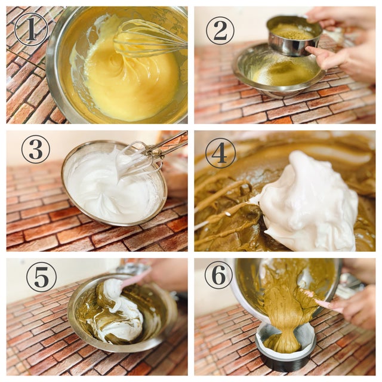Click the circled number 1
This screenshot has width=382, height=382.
pyautogui.click(x=31, y=30)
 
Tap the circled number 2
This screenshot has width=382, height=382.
pyautogui.click(x=220, y=30)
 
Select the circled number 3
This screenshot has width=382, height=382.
pyautogui.click(x=36, y=149)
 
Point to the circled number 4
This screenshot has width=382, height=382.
pyautogui.click(x=220, y=153)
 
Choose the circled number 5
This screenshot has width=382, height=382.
pyautogui.click(x=41, y=278)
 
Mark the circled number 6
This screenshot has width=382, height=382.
pyautogui.click(x=218, y=275)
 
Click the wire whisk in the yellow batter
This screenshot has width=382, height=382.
pyautogui.click(x=149, y=38)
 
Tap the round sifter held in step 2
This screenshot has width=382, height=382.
pyautogui.click(x=294, y=36)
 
